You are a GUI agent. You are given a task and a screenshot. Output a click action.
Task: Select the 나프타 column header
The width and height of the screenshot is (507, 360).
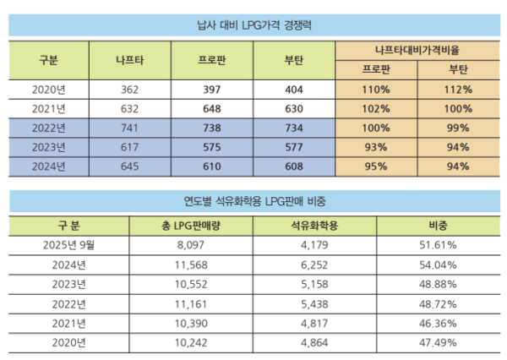coord(129,61)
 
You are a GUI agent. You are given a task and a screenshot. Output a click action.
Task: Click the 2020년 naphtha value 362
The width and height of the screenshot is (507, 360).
coord(129,89)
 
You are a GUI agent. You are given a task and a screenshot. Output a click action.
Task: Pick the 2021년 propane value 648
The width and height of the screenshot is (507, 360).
coord(212,108)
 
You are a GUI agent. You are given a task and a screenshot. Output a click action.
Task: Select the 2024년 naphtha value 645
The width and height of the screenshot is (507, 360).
coord(129,166)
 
